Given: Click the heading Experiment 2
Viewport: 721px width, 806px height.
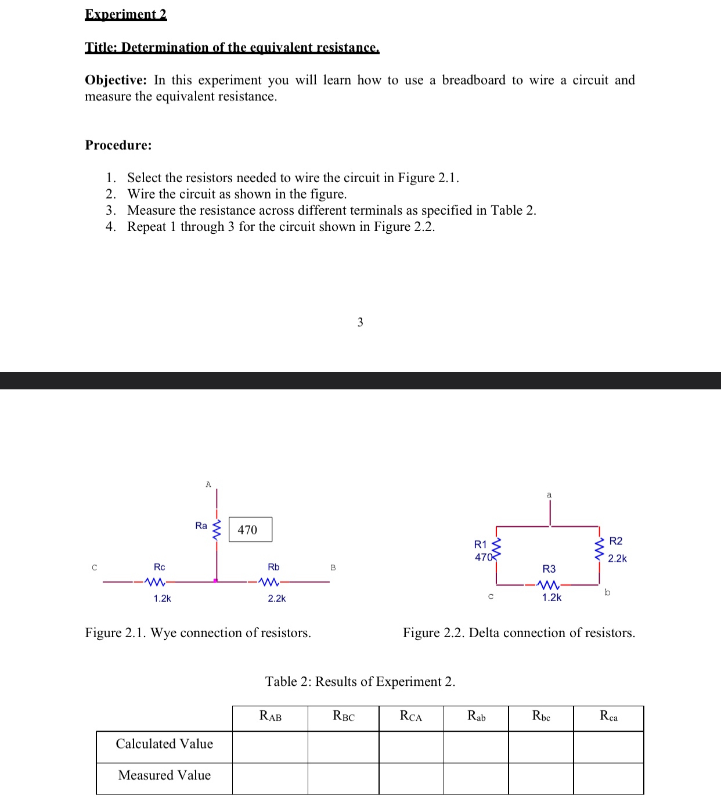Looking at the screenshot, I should (125, 14).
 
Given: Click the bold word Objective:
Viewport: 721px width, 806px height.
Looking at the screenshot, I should (116, 80).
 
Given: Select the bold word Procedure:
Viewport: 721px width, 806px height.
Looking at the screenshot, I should (118, 145).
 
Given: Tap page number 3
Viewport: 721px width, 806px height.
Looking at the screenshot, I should (360, 322).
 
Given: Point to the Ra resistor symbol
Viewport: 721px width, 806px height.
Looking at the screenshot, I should (217, 529).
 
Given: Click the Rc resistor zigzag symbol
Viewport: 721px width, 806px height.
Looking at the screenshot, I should (156, 581).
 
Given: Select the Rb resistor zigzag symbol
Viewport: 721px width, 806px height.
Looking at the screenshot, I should (269, 581).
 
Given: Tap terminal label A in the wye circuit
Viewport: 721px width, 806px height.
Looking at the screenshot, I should (208, 485).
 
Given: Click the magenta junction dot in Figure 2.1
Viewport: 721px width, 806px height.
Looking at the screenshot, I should (215, 580).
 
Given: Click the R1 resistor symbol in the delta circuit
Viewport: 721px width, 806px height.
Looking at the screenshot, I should (496, 548).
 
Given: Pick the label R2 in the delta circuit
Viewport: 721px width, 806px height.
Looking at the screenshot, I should (616, 541).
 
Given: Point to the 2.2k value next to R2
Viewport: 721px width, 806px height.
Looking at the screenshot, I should (617, 558).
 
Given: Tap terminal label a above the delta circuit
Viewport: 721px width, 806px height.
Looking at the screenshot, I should (549, 495).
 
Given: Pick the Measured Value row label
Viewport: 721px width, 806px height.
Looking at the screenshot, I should (164, 775).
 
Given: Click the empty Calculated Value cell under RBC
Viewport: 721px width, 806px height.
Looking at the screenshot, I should (343, 747).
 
